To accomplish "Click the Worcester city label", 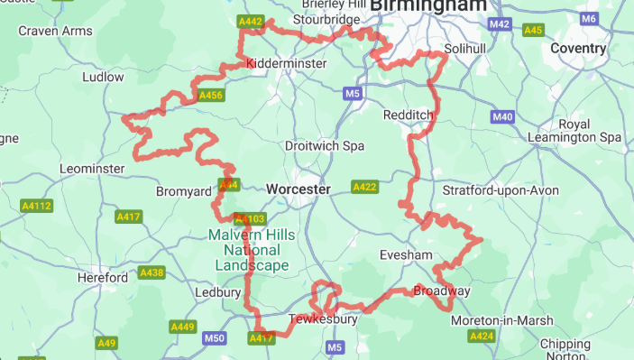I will (299, 189).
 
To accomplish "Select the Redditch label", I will (409, 115).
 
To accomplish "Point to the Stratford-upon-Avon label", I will (501, 190).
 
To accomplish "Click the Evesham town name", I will (406, 255).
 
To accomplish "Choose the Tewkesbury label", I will (323, 319).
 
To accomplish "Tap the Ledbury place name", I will (218, 293).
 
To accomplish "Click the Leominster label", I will (91, 169).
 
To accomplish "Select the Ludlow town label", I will (103, 78).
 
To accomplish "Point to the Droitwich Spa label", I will (324, 145).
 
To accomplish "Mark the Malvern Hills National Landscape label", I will (252, 250).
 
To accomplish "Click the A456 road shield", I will (210, 95).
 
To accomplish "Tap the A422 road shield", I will (364, 187).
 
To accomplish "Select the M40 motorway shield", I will (502, 117).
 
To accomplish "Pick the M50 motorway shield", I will (215, 338).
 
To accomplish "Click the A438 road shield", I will (152, 272).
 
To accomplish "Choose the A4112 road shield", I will (37, 206).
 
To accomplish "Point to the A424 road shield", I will (482, 337).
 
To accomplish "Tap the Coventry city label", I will (577, 48).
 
